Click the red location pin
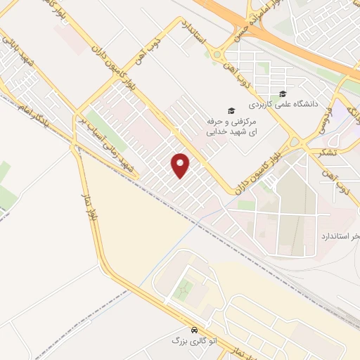pyautogui.click(x=181, y=165)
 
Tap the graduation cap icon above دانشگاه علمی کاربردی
pyautogui.click(x=283, y=94)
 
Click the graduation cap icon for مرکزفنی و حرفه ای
pyautogui.click(x=229, y=110)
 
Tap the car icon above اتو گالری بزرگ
pyautogui.click(x=194, y=330)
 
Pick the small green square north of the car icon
pyautogui.click(x=184, y=288)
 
